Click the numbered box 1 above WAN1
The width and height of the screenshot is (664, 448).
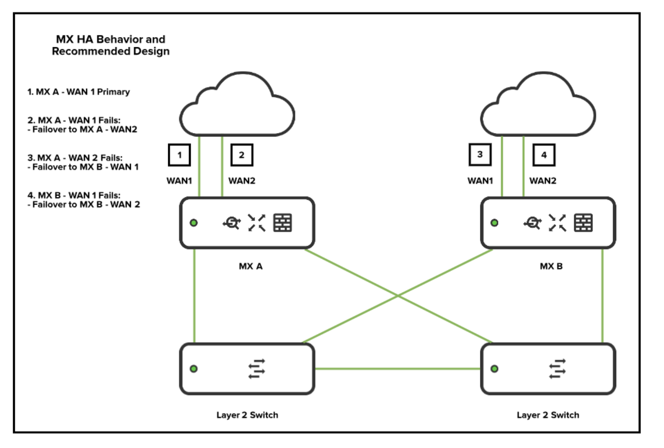coord(179,155)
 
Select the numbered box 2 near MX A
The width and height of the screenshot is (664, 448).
coord(242,155)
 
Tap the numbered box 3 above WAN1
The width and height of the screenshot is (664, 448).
coord(480,155)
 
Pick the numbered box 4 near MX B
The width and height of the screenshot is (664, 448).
coord(544,155)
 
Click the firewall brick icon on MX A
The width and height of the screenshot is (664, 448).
coord(283,223)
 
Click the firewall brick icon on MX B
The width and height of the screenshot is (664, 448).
coord(583,223)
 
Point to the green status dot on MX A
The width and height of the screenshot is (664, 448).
coord(194,223)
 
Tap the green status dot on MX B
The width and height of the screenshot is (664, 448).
coord(494,223)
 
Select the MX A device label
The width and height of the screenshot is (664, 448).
coord(250,266)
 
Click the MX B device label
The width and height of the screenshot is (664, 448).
coord(551,266)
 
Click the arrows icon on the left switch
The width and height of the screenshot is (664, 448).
coord(257,369)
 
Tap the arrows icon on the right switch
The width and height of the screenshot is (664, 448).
coord(558,369)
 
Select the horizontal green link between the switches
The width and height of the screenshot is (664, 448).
coord(397,369)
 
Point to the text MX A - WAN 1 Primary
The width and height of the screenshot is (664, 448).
coord(78,92)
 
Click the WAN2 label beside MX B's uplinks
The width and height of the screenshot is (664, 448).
coord(543,181)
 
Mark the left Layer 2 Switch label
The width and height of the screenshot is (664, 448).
coord(247,415)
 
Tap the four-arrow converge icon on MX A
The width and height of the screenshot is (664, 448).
coord(257,223)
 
